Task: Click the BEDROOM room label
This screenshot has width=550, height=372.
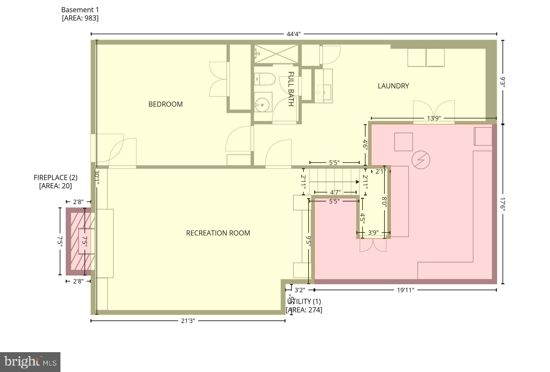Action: [165, 104]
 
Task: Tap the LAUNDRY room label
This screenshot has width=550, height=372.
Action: [393, 86]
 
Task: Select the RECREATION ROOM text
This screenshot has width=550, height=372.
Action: [218, 233]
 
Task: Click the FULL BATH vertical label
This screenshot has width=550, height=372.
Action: [291, 89]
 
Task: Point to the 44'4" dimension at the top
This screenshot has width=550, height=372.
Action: [294, 34]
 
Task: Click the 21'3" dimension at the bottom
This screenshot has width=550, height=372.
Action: [188, 321]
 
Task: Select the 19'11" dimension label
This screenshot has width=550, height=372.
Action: [406, 290]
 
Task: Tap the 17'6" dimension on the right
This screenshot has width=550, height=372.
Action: [503, 204]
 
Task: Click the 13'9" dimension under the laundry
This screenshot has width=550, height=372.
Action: [434, 118]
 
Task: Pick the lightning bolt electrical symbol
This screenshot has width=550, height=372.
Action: [421, 160]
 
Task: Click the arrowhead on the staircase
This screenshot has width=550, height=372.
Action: [357, 182]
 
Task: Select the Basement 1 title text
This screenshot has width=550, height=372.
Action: [80, 10]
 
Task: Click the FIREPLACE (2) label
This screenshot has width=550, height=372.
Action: [56, 178]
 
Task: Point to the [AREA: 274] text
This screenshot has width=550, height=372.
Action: [304, 310]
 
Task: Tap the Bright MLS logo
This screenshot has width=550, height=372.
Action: [30, 362]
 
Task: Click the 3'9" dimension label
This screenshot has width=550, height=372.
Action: [373, 233]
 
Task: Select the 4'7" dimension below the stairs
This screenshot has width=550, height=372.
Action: [335, 192]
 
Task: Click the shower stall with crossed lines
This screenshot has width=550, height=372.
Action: [276, 54]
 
